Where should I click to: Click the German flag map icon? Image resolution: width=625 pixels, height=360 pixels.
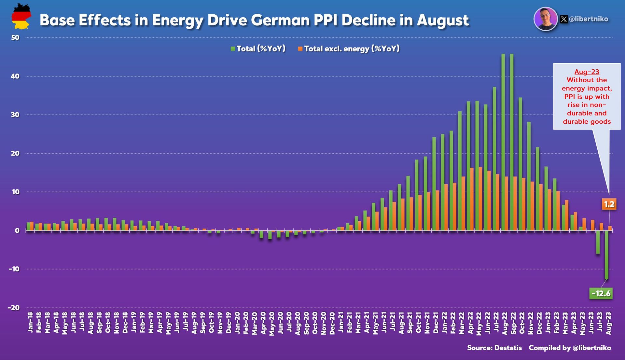point(21,17)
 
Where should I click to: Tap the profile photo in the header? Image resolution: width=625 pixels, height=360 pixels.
point(546,19)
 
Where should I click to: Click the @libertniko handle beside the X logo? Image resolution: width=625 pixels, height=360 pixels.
point(589,19)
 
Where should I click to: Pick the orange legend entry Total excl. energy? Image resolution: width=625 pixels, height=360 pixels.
point(349,49)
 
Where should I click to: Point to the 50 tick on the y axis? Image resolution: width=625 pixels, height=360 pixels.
point(15,37)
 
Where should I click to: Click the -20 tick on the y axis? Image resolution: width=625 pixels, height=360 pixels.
point(14,308)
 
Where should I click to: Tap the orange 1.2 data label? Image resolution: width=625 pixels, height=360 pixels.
point(609,204)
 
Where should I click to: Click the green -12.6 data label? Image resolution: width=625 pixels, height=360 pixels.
point(601,294)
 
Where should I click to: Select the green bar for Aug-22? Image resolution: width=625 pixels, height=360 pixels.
point(503,143)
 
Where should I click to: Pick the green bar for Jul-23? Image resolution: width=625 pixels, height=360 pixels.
point(598,242)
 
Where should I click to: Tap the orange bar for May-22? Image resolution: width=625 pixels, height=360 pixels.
point(480,199)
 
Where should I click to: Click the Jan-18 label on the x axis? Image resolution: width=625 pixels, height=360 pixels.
point(30,322)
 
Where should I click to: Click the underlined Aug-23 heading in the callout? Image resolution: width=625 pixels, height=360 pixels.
point(587,72)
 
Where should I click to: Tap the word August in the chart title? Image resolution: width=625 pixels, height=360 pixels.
point(443,20)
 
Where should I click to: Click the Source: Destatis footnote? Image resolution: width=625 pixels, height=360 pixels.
point(494,348)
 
